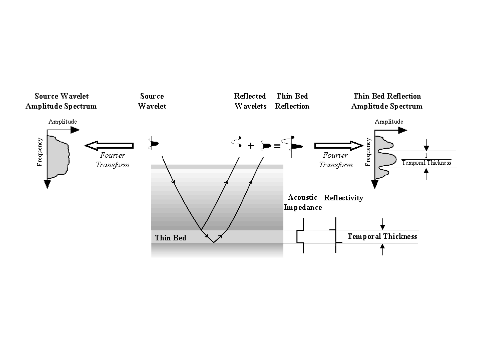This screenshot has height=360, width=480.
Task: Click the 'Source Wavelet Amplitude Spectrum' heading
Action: tap(61, 101)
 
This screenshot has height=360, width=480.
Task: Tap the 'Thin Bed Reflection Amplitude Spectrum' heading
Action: tap(387, 101)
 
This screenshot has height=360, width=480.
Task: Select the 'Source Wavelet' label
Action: tap(152, 101)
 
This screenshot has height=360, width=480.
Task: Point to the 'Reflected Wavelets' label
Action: tap(250, 101)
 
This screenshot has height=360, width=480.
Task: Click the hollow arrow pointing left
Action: tap(109, 146)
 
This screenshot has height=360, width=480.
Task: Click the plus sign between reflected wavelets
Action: tap(251, 146)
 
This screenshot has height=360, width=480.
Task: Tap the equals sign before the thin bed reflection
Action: tap(277, 147)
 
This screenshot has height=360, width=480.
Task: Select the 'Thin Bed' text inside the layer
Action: tap(170, 238)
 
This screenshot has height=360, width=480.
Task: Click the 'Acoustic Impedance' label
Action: tap(303, 202)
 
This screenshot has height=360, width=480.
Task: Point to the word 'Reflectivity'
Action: tap(343, 198)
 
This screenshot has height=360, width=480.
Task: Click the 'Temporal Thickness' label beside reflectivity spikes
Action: tap(382, 236)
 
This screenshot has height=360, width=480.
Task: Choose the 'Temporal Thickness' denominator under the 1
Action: tap(426, 163)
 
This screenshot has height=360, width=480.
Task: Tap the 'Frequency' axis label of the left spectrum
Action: tap(40, 152)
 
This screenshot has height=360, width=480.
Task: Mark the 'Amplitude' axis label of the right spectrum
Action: tap(389, 122)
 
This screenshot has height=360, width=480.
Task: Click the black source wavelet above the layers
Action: tap(154, 144)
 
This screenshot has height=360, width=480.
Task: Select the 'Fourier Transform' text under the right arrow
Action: tap(336, 160)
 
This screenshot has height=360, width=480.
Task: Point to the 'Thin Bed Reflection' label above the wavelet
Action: tap(292, 101)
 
